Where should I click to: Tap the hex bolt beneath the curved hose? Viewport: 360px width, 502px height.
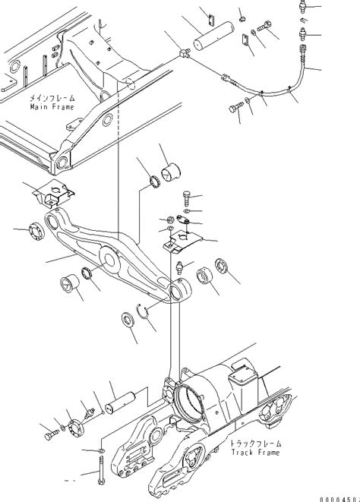(x=236, y=109)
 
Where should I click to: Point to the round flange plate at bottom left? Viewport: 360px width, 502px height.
(x=74, y=431)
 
